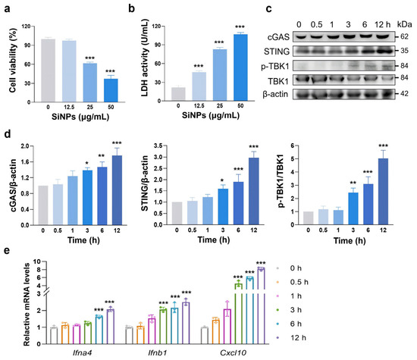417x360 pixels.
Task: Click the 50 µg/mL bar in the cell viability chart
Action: [x=111, y=90]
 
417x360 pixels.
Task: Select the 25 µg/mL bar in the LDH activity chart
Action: [x=220, y=75]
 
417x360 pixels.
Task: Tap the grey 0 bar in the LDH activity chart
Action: [x=178, y=94]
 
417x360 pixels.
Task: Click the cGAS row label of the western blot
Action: [x=278, y=36]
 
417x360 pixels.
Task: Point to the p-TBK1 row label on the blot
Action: [x=275, y=66]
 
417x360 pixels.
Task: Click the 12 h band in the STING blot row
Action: [x=383, y=51]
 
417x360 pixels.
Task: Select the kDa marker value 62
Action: [x=404, y=36]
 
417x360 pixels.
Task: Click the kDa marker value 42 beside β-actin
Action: [x=404, y=93]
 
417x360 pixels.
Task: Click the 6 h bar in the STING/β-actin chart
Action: [x=239, y=203]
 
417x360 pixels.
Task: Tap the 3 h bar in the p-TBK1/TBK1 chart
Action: [x=353, y=208]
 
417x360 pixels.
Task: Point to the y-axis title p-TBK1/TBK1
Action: [x=281, y=180]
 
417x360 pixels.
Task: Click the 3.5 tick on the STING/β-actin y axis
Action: [x=158, y=146]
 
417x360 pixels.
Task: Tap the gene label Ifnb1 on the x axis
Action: [x=158, y=353]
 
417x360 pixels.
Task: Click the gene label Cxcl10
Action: [x=233, y=353]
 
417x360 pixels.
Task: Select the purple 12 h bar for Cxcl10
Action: [x=262, y=306]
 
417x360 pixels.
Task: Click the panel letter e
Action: [x=7, y=250]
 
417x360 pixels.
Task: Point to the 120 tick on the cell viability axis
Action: [x=26, y=27]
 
